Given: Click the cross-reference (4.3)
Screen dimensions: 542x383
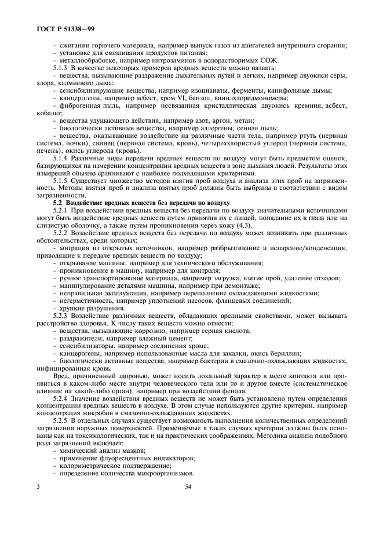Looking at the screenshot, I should coord(242,225).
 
